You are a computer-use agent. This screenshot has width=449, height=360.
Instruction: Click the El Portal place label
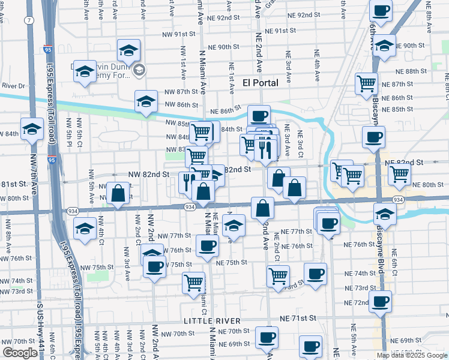pos(261,83)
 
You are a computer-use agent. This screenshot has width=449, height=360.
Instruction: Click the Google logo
pos(20,353)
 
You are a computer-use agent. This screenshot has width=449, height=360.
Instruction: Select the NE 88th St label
pos(420,71)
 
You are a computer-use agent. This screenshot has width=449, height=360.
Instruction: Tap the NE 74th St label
pos(360,273)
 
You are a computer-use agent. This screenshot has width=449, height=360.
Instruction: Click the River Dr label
pos(12,86)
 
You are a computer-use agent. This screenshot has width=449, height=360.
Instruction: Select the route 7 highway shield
pos(28,20)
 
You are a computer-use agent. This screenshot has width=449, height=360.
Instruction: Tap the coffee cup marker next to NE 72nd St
pos(380,302)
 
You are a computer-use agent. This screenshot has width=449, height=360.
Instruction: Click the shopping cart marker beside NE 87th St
pos(366,84)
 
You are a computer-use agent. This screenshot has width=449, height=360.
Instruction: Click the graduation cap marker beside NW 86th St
pos(145,103)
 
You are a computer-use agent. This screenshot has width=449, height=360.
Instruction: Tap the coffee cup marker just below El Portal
pos(259,116)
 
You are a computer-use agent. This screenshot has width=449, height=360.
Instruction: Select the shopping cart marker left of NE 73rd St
pos(278,277)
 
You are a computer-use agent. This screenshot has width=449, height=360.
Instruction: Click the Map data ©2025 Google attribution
pos(412,355)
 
